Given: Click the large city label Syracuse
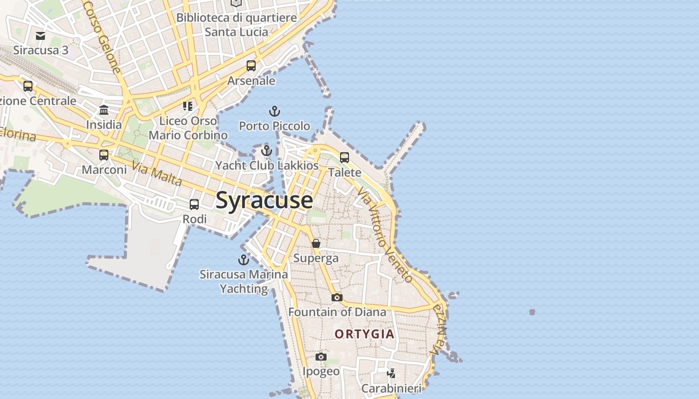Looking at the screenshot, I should point(264,200).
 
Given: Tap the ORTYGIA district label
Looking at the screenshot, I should point(364,334).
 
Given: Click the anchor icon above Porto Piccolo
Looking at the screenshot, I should point(274,111).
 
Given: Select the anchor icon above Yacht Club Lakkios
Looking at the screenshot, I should point(267,151).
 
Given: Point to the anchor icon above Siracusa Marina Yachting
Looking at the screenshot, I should point(243,259).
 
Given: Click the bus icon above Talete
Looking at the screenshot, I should point(345,158).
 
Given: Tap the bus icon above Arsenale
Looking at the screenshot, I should point(251,66).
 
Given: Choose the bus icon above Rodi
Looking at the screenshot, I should point(194,204).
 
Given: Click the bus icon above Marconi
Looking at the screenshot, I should point(104,155).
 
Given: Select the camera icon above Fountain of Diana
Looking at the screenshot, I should point(337,297).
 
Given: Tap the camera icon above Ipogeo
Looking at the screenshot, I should point(321,357).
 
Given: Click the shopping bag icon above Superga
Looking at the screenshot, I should point(316,243).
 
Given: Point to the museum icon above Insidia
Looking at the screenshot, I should point(104,110).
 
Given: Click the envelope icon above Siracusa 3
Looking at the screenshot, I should point(40,35).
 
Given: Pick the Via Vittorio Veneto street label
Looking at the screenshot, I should point(385,234).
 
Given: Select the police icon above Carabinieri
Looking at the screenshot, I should point(392,373).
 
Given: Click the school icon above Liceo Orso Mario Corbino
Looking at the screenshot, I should point(188,106).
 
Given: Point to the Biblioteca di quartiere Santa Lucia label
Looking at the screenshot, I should point(237,25).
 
